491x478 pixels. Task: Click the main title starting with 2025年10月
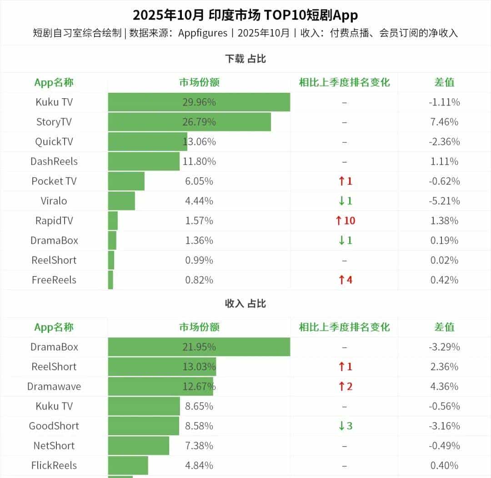click(x=245, y=15)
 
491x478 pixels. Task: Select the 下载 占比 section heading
click(x=245, y=59)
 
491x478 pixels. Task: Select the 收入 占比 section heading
click(x=245, y=303)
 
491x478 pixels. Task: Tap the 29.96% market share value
click(x=199, y=102)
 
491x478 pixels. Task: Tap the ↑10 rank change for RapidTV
click(x=345, y=221)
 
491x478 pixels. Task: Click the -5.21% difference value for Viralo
click(x=444, y=201)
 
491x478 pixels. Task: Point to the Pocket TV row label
click(x=54, y=181)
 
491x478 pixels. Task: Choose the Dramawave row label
click(x=54, y=387)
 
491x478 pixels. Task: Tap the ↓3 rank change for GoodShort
click(x=345, y=426)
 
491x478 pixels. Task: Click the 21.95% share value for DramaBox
click(x=199, y=347)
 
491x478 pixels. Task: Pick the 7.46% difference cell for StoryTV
click(x=444, y=122)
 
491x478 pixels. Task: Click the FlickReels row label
click(x=54, y=465)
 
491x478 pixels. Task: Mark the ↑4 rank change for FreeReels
click(x=345, y=280)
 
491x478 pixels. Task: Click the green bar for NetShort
click(x=138, y=446)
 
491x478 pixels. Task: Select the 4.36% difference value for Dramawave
click(x=444, y=387)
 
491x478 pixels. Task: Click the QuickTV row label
click(x=54, y=141)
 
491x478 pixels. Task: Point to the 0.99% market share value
click(x=199, y=260)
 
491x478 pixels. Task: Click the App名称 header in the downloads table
click(x=54, y=82)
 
